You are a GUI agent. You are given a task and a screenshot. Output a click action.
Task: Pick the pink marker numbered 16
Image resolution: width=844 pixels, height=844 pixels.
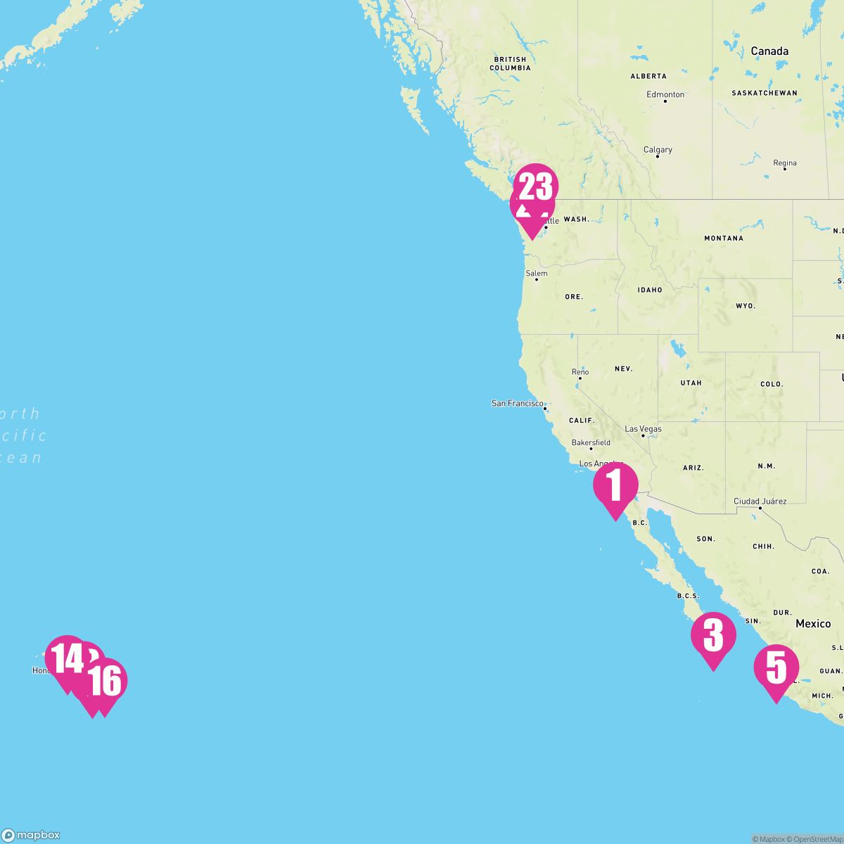[x=105, y=681]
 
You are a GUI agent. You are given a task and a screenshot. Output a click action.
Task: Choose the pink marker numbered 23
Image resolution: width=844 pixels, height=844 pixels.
[x=536, y=186]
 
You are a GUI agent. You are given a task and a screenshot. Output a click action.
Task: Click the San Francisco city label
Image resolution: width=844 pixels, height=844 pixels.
[x=518, y=404]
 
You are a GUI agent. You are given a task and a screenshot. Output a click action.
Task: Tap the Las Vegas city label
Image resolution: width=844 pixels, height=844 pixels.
[x=643, y=429]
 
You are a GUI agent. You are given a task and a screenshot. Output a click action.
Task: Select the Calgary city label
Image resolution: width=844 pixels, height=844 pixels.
[x=658, y=150]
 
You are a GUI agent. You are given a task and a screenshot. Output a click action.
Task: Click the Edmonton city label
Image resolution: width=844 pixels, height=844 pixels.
[x=665, y=94]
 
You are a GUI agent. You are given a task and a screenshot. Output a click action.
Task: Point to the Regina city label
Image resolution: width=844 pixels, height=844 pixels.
[x=785, y=163]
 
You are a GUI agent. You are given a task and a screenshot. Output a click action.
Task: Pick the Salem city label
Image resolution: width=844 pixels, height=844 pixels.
[x=536, y=274]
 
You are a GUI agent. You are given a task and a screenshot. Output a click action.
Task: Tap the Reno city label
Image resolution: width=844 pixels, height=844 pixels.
[x=580, y=372]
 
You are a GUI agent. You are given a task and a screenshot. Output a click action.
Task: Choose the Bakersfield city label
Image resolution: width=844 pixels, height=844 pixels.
[x=591, y=443]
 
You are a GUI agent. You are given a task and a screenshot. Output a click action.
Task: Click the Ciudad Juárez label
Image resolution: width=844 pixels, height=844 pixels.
[x=760, y=501]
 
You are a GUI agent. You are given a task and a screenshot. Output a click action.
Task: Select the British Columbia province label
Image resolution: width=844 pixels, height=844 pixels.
[x=510, y=64]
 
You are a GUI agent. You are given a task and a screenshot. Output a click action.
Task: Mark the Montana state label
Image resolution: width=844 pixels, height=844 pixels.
[x=724, y=238]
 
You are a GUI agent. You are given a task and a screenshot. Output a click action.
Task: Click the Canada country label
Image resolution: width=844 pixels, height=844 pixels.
[x=769, y=51]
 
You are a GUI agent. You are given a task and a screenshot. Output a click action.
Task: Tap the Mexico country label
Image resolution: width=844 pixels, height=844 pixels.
[x=813, y=624]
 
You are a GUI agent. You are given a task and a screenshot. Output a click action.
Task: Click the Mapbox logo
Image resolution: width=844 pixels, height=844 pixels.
[x=31, y=835]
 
